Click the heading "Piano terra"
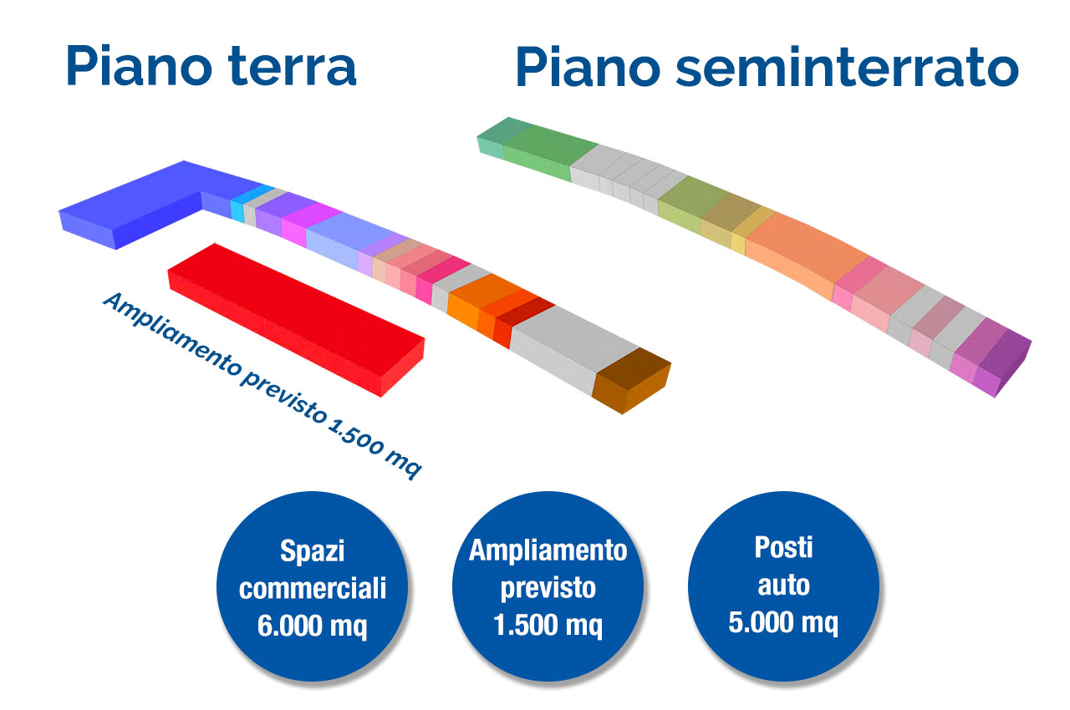click(x=211, y=67)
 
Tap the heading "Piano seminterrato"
click(x=766, y=67)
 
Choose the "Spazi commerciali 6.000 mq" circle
click(x=313, y=588)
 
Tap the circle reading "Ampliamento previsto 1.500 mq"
click(x=548, y=588)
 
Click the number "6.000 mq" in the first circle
click(x=313, y=626)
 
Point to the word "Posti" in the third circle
click(x=783, y=548)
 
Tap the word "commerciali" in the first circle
click(x=313, y=588)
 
